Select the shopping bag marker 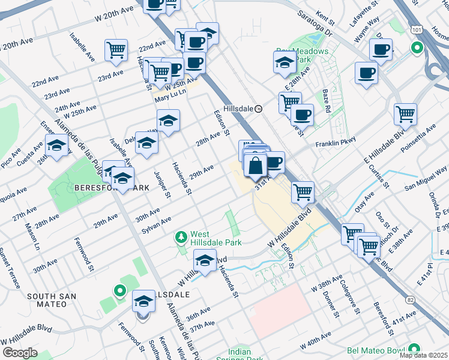[255, 165]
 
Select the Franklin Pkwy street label [336, 142]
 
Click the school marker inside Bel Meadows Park [285, 62]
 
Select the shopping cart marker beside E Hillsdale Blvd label [406, 113]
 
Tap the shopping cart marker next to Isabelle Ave [116, 51]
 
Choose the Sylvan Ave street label [157, 226]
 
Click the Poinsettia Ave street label [421, 137]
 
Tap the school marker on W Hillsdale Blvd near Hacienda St [204, 262]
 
